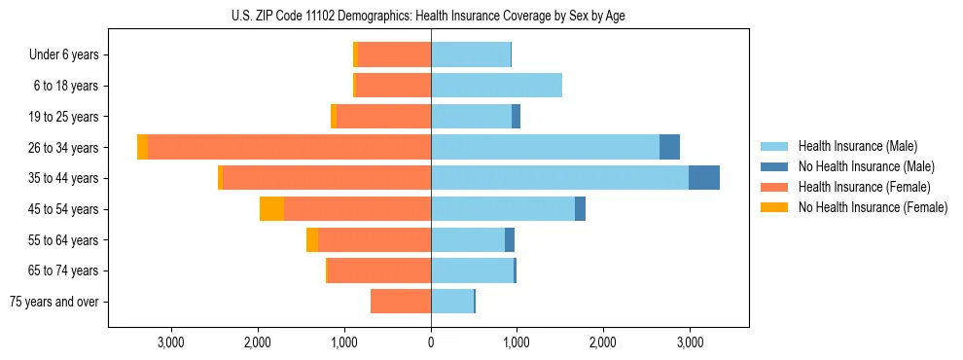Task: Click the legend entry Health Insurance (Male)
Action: click(857, 146)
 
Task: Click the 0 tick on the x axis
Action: click(431, 342)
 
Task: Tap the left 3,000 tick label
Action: click(170, 342)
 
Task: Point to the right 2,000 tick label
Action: click(603, 342)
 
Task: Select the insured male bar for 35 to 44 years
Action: click(559, 178)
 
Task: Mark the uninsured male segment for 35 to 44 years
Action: click(704, 178)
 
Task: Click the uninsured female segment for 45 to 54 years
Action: click(271, 209)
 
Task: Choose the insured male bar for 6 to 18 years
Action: click(496, 86)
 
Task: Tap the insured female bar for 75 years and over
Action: click(401, 302)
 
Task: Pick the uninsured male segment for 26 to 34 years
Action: click(669, 147)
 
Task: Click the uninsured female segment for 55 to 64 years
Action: click(312, 240)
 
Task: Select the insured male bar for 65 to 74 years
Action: click(472, 270)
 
